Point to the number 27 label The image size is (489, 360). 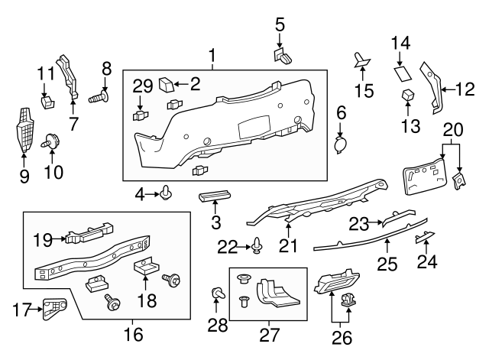[269, 335]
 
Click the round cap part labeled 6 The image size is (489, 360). [342, 144]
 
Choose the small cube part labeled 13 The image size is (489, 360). [408, 96]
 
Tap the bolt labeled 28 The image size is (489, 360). [219, 293]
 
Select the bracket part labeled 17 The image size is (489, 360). [53, 309]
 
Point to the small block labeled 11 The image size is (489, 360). [46, 99]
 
